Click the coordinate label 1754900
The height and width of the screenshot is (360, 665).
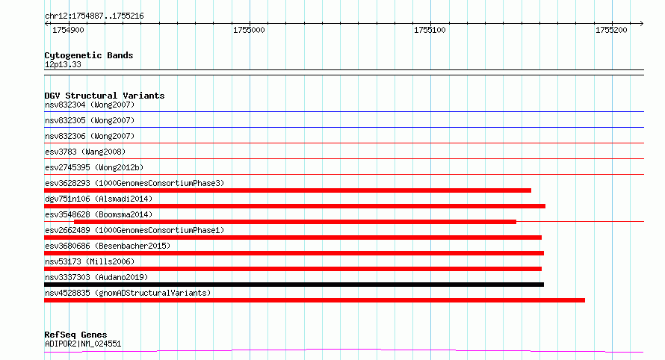pos(68,30)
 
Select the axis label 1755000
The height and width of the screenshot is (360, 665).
pos(249,30)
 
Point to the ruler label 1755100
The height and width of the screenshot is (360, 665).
pos(430,30)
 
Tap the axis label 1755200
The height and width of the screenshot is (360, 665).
pos(611,30)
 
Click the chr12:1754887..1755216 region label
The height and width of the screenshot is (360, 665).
pos(94,16)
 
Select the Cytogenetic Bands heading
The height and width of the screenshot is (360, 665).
pos(89,55)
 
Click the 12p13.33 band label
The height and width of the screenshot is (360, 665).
pos(63,64)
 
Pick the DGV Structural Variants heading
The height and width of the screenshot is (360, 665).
pos(105,96)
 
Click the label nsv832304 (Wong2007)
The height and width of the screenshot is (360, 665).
pos(90,105)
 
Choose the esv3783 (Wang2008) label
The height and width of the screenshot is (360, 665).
pos(85,152)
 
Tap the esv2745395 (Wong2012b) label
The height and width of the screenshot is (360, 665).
pos(94,167)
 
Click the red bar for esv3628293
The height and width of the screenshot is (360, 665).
pos(288,190)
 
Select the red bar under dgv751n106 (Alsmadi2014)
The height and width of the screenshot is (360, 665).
pos(294,206)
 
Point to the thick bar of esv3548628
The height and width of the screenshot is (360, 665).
pos(295,222)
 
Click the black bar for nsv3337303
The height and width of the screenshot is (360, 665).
pos(294,285)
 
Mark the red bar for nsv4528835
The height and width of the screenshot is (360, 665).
pos(315,300)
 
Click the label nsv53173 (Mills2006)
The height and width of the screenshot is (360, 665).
pos(90,261)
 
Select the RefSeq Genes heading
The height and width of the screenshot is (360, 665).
pos(75,335)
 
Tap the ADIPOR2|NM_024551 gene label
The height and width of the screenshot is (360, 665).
pos(83,344)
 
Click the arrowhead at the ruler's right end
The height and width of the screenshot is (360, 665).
pos(642,24)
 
